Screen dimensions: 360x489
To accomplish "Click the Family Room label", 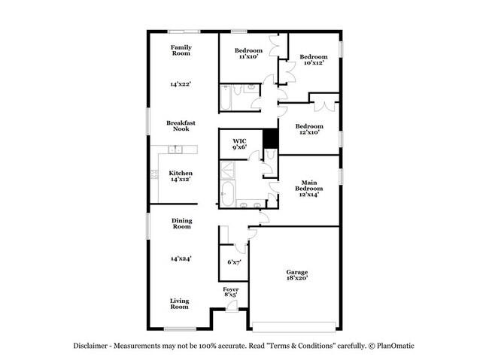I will click(181, 50).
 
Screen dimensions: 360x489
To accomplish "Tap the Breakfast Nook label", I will click(181, 126).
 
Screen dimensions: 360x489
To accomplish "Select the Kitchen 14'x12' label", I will click(180, 176).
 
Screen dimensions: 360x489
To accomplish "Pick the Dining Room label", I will click(181, 223).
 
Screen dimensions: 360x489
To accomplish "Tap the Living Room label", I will click(179, 304).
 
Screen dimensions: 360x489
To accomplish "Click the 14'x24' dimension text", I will click(181, 259).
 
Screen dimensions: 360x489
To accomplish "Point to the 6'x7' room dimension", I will click(233, 262).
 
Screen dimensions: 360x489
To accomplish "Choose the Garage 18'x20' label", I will click(296, 275).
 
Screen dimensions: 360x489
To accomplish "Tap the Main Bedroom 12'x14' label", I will click(308, 188).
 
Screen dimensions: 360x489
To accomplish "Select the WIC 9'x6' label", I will click(239, 144).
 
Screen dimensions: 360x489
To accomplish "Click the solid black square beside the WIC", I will click(271, 140).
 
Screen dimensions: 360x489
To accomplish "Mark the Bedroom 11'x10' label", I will click(248, 53).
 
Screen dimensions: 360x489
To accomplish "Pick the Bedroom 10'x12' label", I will click(313, 60).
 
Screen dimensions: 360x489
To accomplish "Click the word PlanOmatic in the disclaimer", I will click(394, 346).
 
